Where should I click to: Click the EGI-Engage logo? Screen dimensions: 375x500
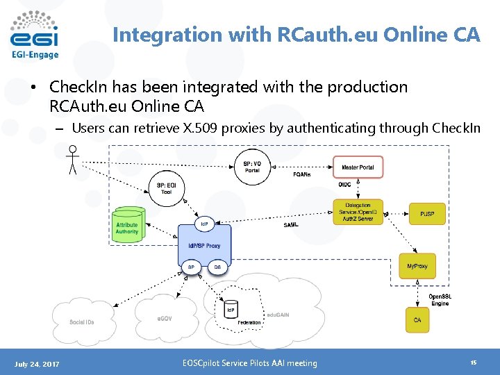35,35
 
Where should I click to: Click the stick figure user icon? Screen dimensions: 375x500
71,159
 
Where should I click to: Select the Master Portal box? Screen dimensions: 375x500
358,167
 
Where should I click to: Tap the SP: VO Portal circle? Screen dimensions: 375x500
252,167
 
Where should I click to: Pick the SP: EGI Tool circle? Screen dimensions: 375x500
167,188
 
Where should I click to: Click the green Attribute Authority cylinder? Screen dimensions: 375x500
128,225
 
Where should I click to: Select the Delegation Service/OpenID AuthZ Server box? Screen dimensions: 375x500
358,212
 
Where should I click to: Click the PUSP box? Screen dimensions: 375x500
427,213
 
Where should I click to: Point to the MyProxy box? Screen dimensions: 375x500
417,266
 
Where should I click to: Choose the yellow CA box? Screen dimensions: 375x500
417,320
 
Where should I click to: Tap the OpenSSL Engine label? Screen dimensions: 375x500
440,300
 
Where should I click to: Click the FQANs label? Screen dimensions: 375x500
301,175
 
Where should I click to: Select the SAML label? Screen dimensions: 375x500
292,225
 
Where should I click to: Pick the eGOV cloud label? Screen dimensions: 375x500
165,318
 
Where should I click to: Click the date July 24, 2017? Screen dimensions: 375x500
37,363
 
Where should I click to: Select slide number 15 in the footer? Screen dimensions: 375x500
473,362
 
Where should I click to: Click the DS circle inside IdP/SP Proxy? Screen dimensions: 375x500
217,267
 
